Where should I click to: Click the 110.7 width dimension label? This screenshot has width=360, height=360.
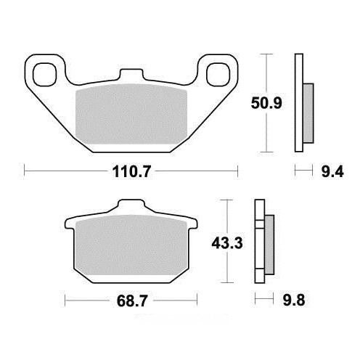(x=131, y=171)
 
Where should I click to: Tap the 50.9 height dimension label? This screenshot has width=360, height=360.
(x=266, y=103)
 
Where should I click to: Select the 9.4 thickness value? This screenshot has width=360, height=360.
(x=332, y=172)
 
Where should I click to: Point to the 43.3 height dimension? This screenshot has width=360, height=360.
(x=227, y=243)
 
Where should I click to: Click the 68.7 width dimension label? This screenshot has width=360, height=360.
(x=131, y=300)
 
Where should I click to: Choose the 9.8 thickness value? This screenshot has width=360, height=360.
(x=294, y=300)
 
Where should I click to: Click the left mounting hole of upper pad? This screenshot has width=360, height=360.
(x=45, y=74)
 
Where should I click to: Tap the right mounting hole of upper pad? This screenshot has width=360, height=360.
(x=218, y=74)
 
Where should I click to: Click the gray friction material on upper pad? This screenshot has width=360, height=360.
(x=131, y=114)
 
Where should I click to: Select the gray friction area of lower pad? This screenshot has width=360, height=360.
(x=131, y=245)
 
